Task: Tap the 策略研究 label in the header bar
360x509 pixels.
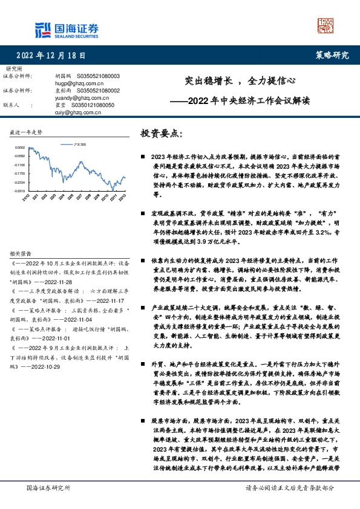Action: [333, 55]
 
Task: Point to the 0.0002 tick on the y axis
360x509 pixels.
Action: [20, 148]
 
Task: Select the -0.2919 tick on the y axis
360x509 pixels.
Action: [20, 190]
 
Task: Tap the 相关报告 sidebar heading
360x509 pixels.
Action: [20, 253]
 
